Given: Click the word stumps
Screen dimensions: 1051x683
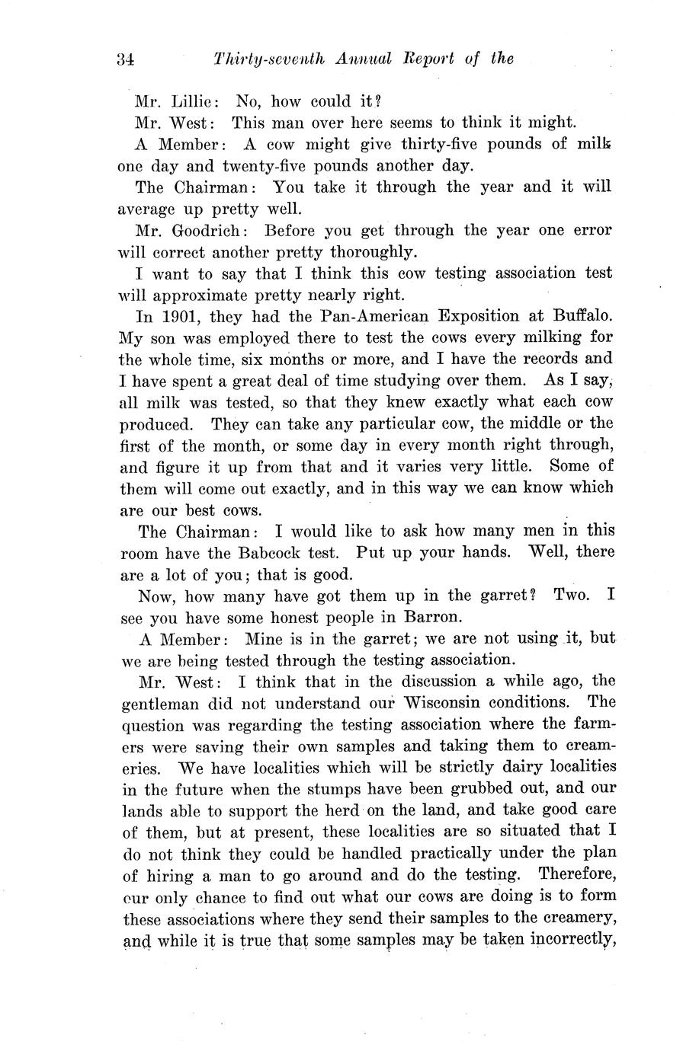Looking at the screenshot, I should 323,788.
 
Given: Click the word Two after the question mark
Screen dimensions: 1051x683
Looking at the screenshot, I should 572,595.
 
